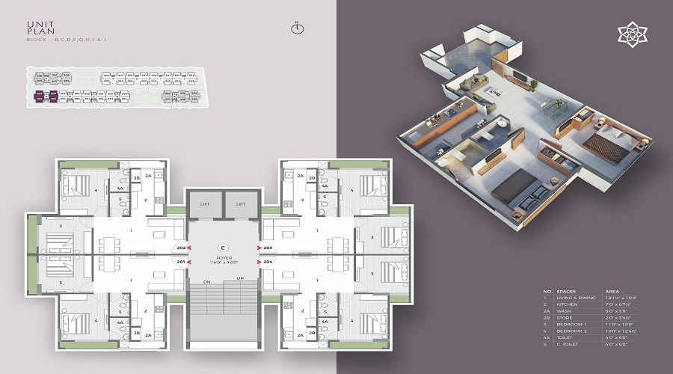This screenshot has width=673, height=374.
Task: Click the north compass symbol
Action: coord(297,29)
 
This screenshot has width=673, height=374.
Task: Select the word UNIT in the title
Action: coord(37,25)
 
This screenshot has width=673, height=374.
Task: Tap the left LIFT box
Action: coord(204,203)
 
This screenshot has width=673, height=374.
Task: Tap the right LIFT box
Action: coord(241,203)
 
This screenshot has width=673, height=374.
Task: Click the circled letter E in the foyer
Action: coord(222,247)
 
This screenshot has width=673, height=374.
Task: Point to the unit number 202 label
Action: coord(180,247)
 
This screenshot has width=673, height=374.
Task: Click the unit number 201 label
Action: coord(180,262)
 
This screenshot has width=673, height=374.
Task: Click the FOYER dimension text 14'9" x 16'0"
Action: coord(222,263)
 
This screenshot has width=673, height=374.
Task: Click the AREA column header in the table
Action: coord(611,291)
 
